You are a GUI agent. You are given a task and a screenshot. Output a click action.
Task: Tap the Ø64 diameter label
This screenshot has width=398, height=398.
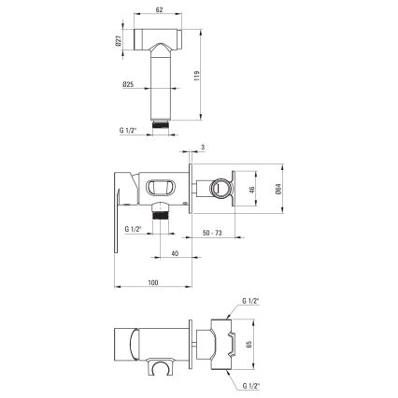pos(279,190)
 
